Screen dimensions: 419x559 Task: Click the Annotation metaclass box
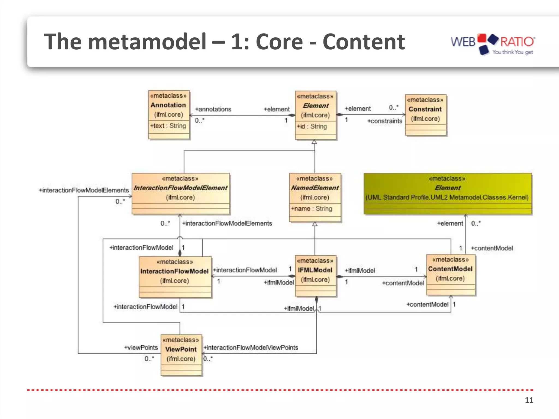(169, 115)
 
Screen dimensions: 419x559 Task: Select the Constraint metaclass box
(426, 115)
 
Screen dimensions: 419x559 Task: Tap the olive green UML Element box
(448, 193)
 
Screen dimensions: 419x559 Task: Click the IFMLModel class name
(315, 270)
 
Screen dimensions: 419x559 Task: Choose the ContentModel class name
(450, 269)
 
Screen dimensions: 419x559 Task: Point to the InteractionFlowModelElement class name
(180, 188)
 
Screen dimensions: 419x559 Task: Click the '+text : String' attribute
(168, 126)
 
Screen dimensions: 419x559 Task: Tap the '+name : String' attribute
(312, 209)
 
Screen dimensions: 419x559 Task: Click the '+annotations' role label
(213, 109)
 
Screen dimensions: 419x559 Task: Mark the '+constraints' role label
(385, 121)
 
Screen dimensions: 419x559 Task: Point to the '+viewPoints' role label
(141, 348)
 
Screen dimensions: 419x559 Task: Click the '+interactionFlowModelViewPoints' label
(251, 348)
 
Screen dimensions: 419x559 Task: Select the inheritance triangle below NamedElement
(315, 224)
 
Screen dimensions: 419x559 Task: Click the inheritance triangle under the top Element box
(314, 142)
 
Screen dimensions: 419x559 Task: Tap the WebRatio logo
(493, 44)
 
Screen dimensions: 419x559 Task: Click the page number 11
(529, 400)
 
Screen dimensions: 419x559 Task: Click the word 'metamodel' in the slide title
(147, 42)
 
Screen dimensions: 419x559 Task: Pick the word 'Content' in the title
(364, 42)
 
